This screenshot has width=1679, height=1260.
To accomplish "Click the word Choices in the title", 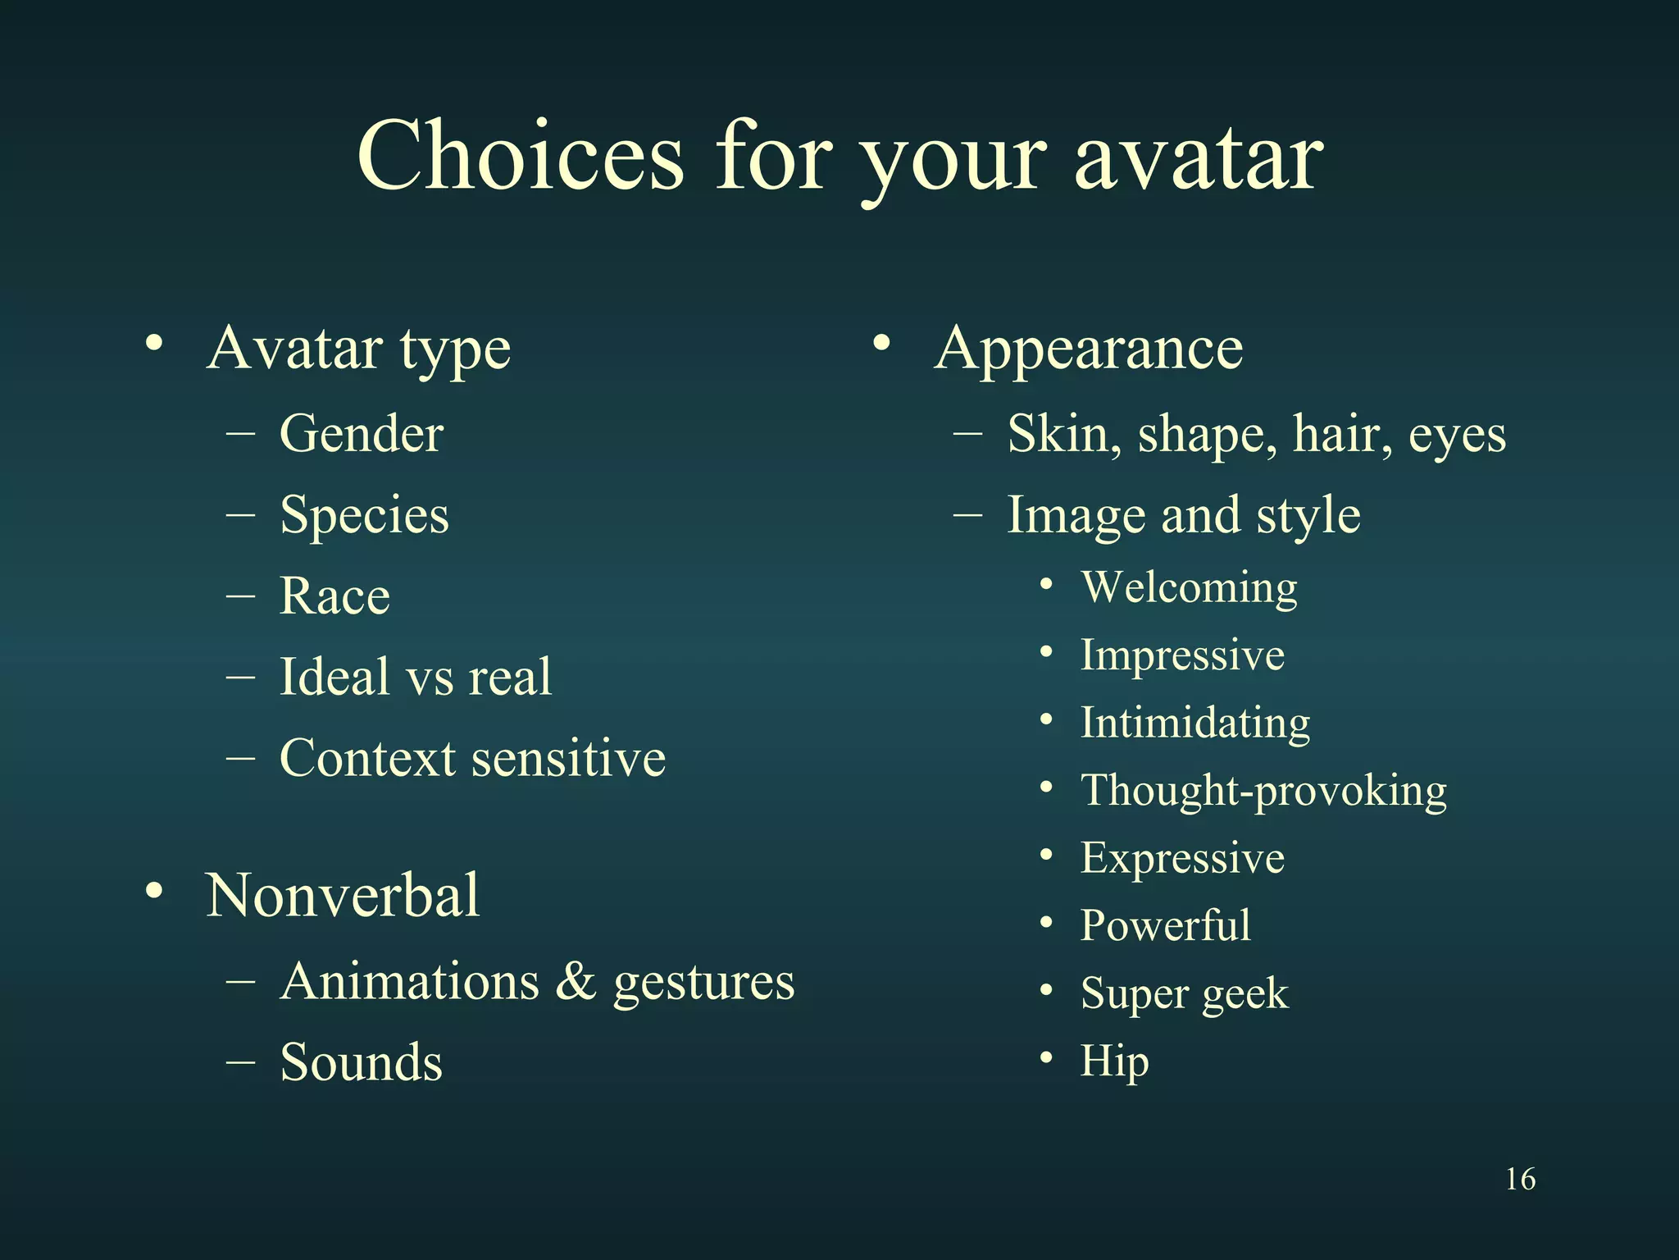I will tap(520, 156).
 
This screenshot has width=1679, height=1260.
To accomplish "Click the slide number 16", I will tap(1520, 1179).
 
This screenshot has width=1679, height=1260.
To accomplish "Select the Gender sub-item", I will tap(362, 433).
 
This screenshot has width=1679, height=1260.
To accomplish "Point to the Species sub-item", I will tap(364, 516).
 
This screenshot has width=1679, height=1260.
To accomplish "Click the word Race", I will tap(334, 596).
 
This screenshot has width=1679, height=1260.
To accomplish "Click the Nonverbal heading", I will tap(343, 895).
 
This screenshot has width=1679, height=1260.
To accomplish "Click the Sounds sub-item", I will tap(361, 1062).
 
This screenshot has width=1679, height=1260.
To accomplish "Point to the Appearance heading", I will tap(1088, 349).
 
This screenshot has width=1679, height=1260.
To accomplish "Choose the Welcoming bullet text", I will tap(1189, 587).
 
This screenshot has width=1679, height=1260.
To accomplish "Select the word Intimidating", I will tap(1194, 723).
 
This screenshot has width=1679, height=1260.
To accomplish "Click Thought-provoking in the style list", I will tap(1263, 791).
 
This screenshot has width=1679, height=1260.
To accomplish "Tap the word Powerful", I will tap(1165, 925).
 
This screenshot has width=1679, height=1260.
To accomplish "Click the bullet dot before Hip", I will tap(1046, 1058).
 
